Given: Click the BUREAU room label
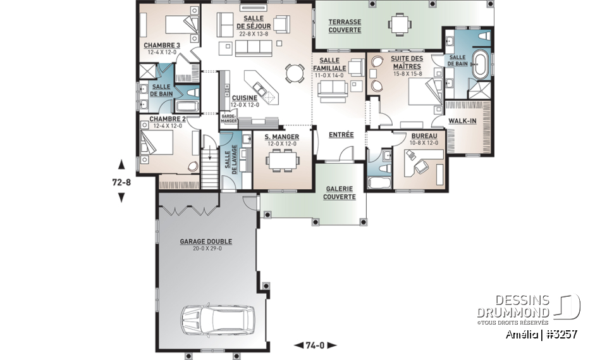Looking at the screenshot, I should [422, 135].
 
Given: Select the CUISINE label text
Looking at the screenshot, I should [244, 98].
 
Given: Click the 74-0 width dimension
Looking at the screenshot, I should [315, 345].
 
